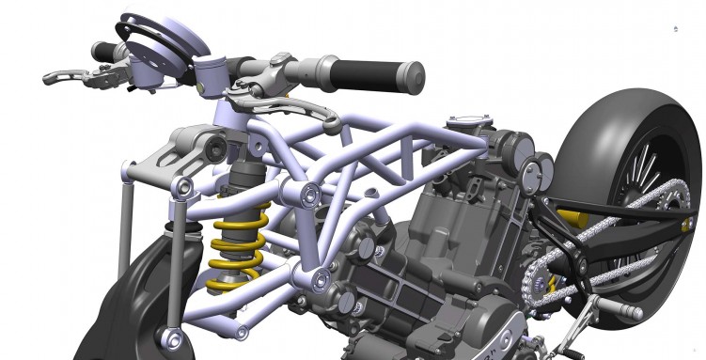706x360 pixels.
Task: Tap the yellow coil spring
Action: point(235,245)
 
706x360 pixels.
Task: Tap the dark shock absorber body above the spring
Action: point(244,179)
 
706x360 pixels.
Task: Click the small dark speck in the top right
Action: point(674,29)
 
